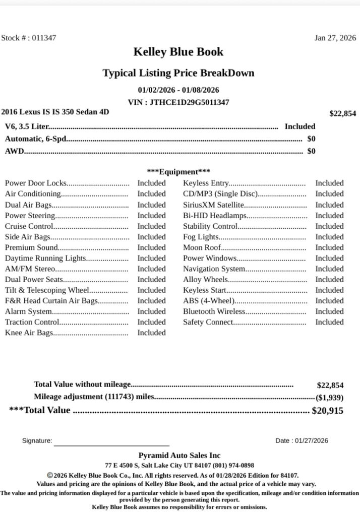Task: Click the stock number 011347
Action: [x=44, y=38]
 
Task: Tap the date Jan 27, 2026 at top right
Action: [x=335, y=38]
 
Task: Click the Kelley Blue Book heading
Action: [x=178, y=52]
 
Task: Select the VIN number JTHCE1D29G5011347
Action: [x=189, y=102]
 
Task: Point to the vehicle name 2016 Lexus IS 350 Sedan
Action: [x=55, y=112]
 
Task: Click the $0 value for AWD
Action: [x=311, y=151]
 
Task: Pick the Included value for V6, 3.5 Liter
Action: [x=299, y=126]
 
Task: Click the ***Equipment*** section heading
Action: [x=178, y=172]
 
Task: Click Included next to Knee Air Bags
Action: [x=151, y=333]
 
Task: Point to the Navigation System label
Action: [x=214, y=269]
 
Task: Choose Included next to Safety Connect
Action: [x=329, y=322]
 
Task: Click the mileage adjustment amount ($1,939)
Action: [x=330, y=397]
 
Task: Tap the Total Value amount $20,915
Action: [x=328, y=411]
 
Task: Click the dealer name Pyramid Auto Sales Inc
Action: [x=179, y=456]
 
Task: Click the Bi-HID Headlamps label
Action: [x=215, y=216]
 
